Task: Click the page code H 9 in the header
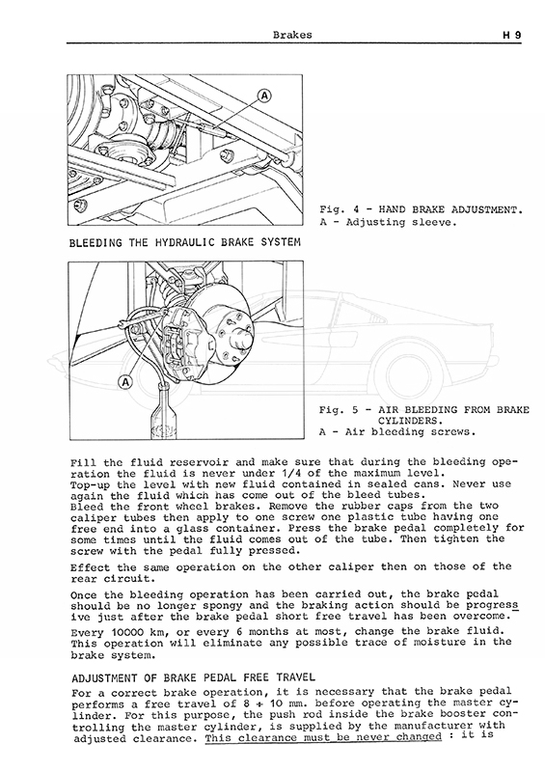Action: [511, 36]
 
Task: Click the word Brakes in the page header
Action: [292, 35]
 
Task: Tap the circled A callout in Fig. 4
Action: [265, 96]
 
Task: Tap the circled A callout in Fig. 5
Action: [126, 381]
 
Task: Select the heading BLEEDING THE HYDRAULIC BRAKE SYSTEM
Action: [185, 242]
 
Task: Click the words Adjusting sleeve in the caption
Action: [401, 222]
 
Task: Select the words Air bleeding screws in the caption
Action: [411, 432]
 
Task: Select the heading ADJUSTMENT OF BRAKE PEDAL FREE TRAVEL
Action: [193, 678]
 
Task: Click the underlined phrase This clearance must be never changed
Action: [323, 737]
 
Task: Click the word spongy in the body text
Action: [223, 606]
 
